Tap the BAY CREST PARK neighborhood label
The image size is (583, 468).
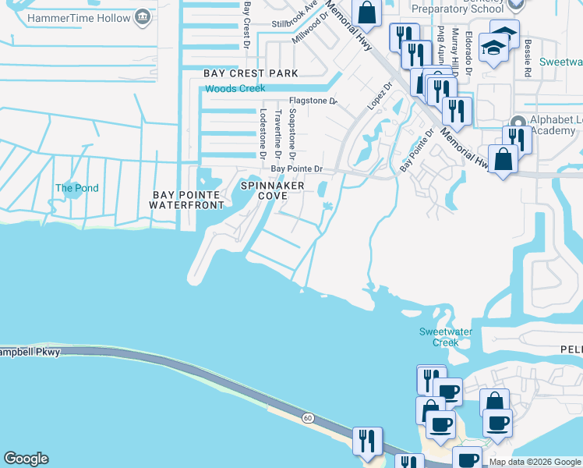tap(251, 73)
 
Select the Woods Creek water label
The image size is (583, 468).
tap(235, 89)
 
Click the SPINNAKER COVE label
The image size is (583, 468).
tap(270, 190)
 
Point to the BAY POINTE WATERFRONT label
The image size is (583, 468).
tap(188, 200)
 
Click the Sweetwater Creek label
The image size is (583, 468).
tap(446, 337)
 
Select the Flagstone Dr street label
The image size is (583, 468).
tap(313, 101)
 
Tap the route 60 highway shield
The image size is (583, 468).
tap(309, 419)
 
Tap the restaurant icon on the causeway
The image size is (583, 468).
tap(366, 441)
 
